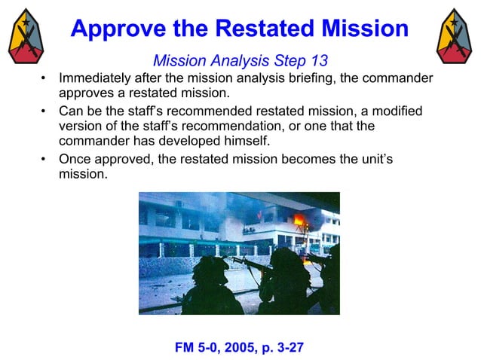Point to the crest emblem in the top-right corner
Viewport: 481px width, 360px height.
click(x=455, y=35)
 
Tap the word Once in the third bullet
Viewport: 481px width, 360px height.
click(x=75, y=159)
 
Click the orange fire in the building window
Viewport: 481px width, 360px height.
click(x=299, y=223)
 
